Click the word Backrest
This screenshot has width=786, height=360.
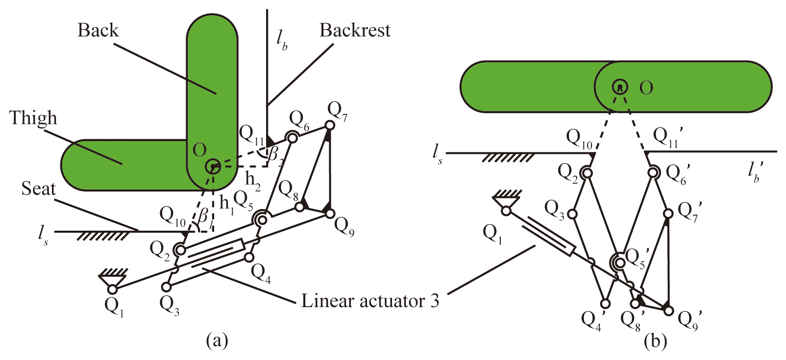point(355,30)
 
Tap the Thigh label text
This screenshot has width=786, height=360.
point(33,118)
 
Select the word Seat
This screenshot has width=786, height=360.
point(39,189)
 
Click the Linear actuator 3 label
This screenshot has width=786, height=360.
point(370,301)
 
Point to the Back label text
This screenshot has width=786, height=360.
point(98,30)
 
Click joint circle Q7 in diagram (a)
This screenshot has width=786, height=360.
point(330,126)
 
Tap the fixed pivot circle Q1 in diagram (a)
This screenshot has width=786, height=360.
point(113,289)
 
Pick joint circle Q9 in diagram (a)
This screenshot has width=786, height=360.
point(329,214)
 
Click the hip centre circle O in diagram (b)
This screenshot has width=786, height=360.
point(620,87)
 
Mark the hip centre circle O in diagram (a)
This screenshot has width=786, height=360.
point(213,167)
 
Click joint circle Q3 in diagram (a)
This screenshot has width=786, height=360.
point(167,287)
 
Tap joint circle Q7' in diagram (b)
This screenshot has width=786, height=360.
point(667,214)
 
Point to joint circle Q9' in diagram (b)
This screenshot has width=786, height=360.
point(668,310)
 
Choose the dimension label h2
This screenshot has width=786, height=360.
point(253,180)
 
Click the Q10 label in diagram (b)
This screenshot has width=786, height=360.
point(579,138)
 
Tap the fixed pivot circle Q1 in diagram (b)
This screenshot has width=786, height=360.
point(506,211)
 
